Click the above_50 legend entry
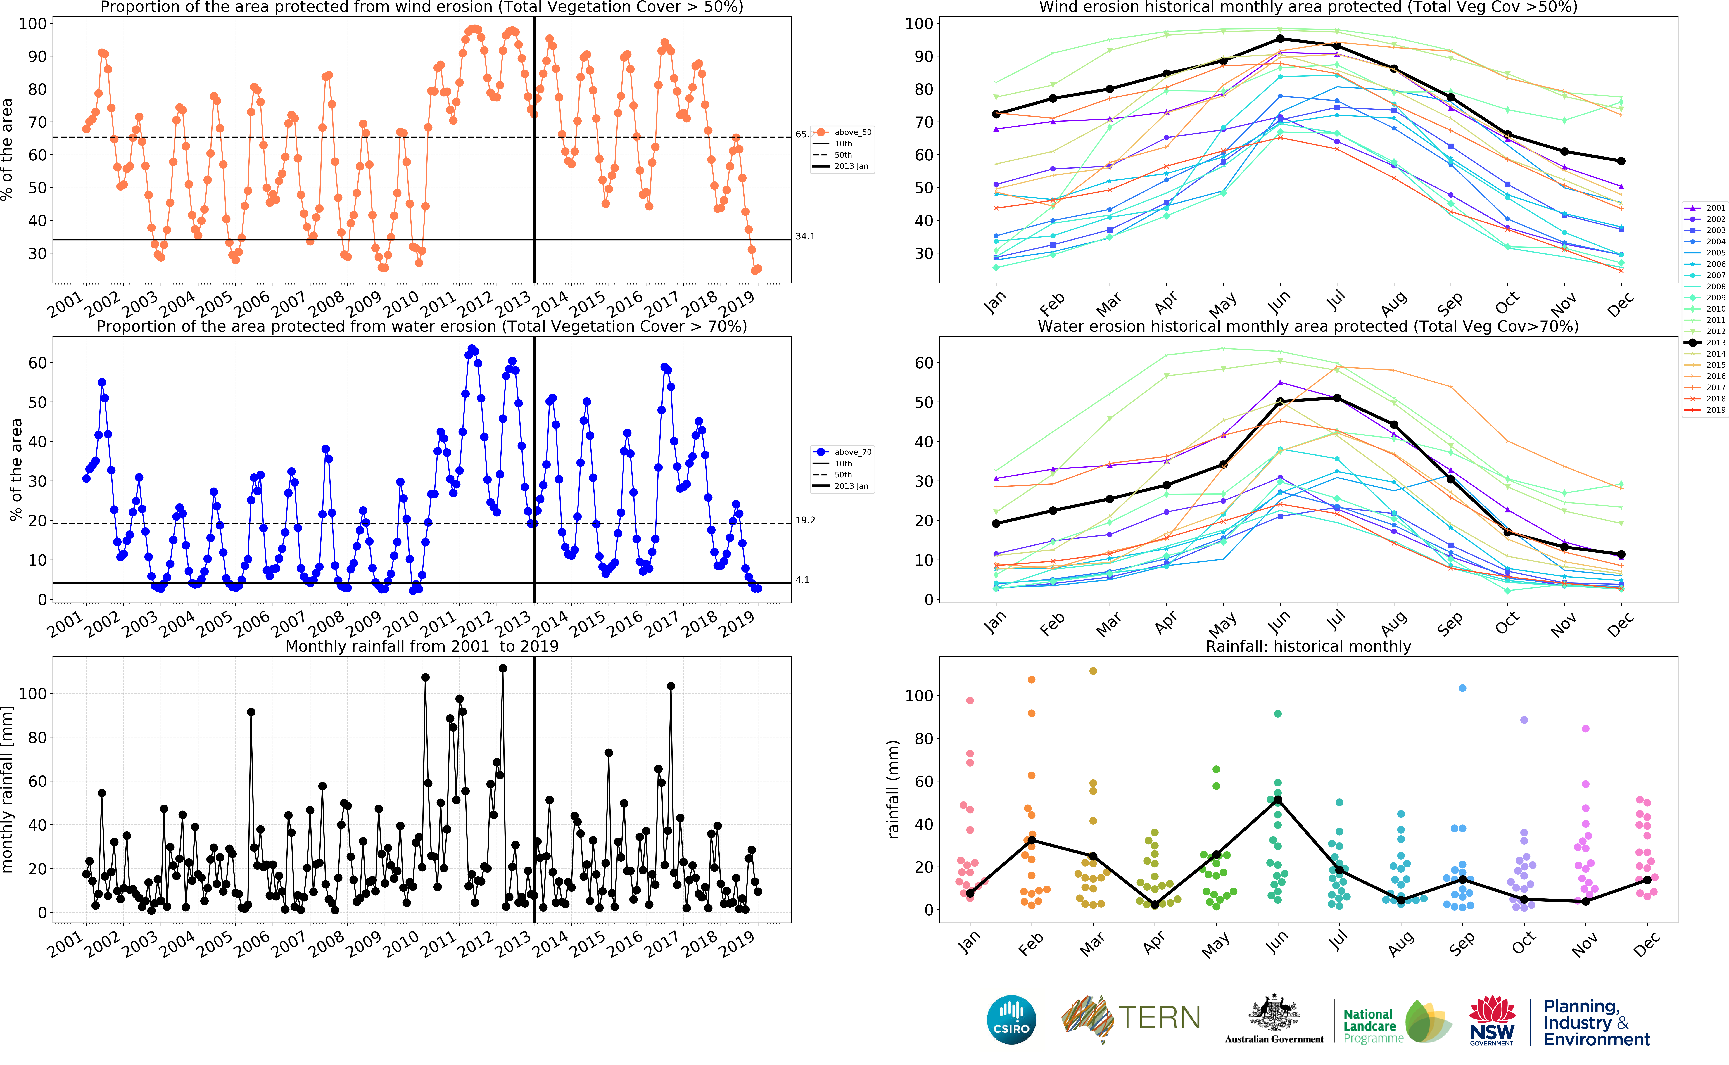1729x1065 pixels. click(x=852, y=132)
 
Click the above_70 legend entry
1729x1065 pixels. click(x=852, y=452)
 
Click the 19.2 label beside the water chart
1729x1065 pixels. click(x=805, y=521)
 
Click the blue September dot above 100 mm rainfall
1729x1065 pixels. click(x=1462, y=688)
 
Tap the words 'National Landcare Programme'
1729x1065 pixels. click(x=1372, y=1026)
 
